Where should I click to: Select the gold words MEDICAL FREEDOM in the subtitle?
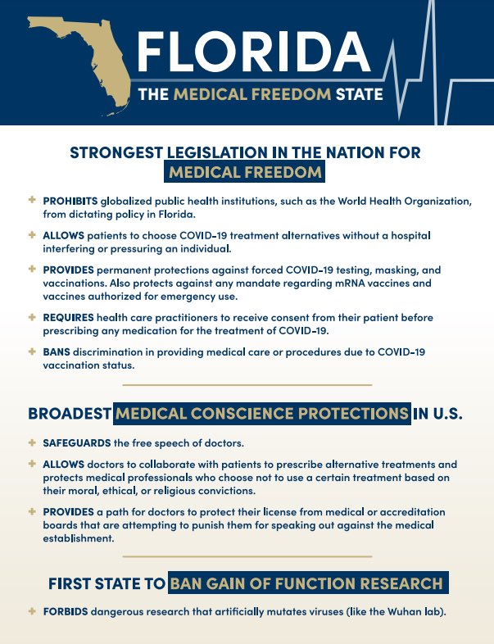[x=252, y=94]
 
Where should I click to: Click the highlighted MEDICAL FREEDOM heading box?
[x=246, y=172]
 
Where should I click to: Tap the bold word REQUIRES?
[x=69, y=317]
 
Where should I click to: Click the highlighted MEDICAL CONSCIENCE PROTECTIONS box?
[x=262, y=413]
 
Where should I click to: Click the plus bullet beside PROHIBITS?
[x=32, y=200]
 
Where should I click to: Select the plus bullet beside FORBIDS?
[x=32, y=610]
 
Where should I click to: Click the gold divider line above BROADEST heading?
[x=247, y=384]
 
